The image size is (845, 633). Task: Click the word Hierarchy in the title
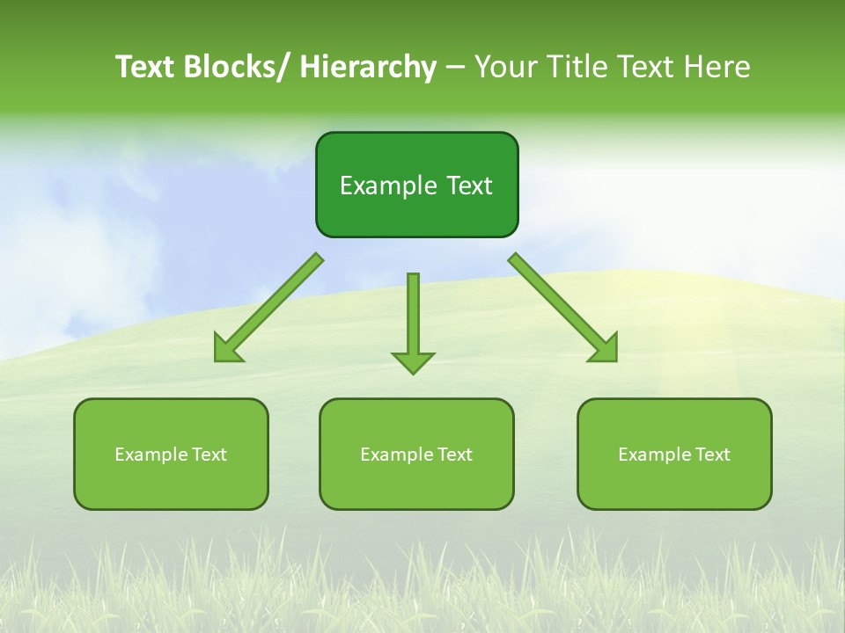[368, 67]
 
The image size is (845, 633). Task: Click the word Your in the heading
[504, 67]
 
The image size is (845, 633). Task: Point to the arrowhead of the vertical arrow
[413, 362]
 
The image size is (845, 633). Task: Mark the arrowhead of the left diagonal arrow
[225, 351]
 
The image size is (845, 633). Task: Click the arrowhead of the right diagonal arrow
[606, 350]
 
